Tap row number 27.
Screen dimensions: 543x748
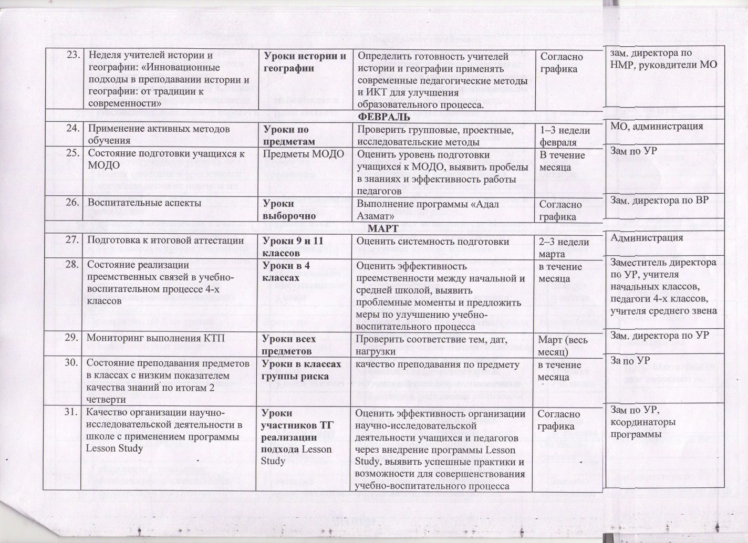coord(72,241)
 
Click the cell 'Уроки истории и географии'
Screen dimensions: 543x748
coord(304,62)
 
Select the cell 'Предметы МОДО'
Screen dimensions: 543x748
coord(303,154)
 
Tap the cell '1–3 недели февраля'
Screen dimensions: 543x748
coord(565,136)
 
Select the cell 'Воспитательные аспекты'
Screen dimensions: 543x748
coord(144,203)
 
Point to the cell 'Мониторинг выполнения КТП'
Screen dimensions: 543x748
coord(155,339)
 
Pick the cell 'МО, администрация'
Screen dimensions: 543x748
coord(656,126)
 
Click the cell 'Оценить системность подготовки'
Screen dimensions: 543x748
coord(433,242)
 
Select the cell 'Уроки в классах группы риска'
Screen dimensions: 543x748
coord(301,370)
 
